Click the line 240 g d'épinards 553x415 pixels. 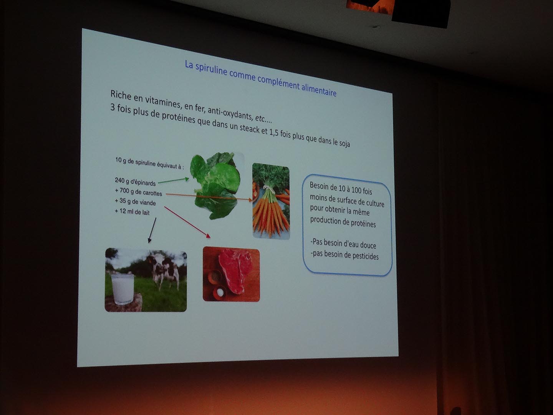(135, 182)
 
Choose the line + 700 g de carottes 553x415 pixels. (138, 192)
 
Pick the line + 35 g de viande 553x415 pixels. (135, 202)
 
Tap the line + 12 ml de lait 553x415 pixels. (132, 211)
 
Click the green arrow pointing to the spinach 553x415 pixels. (173, 181)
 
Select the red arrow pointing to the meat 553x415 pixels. (187, 222)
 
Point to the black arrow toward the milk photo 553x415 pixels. (152, 230)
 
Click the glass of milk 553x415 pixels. (123, 289)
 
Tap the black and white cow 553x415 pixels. (162, 270)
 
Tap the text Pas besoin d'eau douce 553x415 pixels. (343, 244)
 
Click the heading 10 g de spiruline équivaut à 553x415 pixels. (149, 163)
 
